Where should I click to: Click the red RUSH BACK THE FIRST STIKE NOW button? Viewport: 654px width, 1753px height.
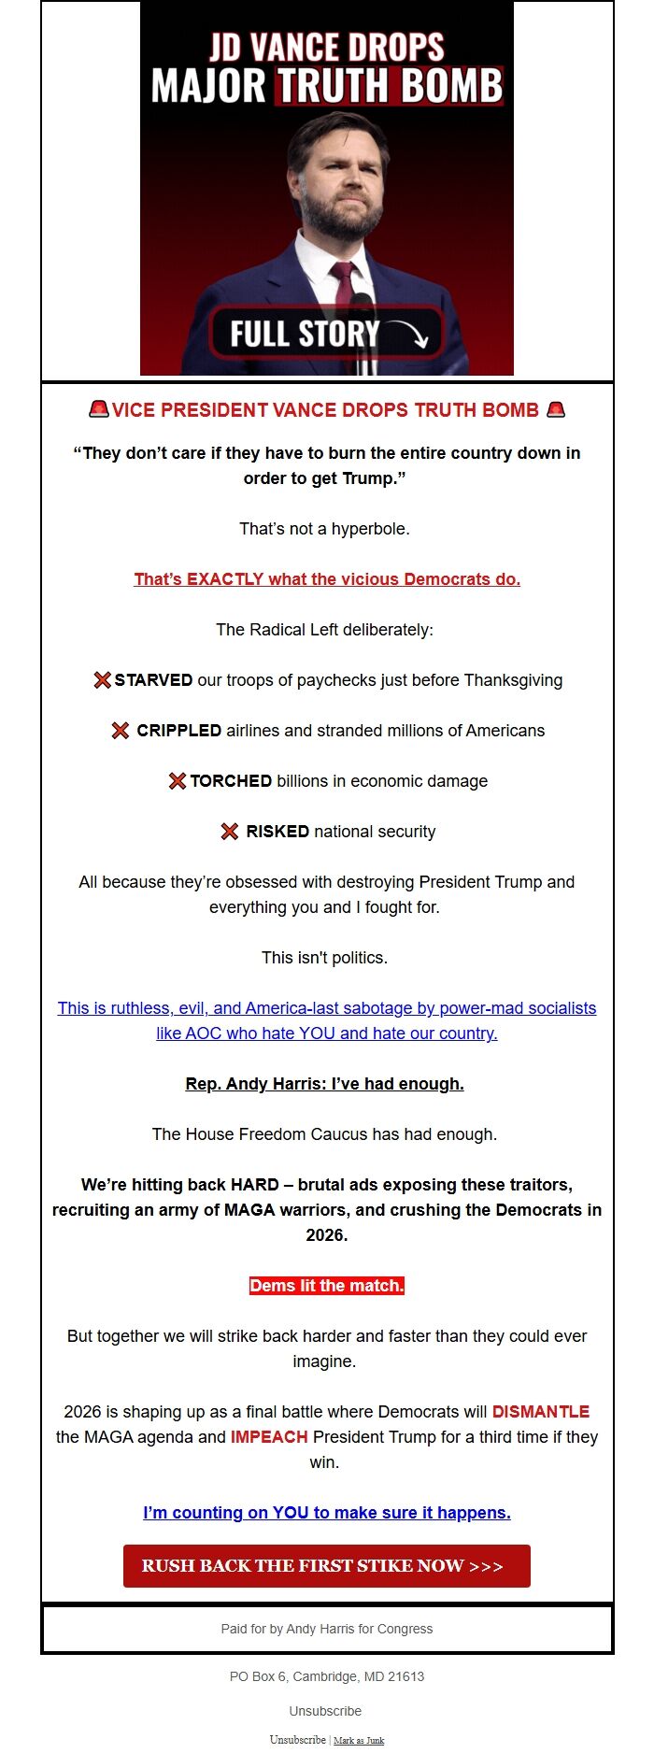pyautogui.click(x=326, y=1565)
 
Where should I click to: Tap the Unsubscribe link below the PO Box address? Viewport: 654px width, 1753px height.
pyautogui.click(x=325, y=1711)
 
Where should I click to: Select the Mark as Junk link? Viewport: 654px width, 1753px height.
pyautogui.click(x=359, y=1740)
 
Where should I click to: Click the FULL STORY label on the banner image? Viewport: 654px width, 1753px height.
pyautogui.click(x=305, y=334)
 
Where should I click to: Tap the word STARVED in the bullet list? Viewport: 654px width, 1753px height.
pyautogui.click(x=153, y=680)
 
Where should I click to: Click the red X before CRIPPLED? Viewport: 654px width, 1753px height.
pyautogui.click(x=121, y=731)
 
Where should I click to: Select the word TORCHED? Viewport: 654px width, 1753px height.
pyautogui.click(x=231, y=781)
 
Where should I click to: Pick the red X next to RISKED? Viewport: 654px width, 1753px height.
pyautogui.click(x=229, y=832)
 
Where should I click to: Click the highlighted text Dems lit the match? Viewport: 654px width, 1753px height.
pyautogui.click(x=326, y=1286)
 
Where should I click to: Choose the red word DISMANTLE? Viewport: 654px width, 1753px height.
pyautogui.click(x=541, y=1411)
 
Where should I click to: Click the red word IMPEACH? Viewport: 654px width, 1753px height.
pyautogui.click(x=269, y=1436)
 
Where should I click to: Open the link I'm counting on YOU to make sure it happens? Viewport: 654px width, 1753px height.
pyautogui.click(x=326, y=1513)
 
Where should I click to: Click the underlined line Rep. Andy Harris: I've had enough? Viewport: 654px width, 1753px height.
pyautogui.click(x=324, y=1084)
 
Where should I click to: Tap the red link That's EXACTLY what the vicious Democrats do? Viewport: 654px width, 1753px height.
pyautogui.click(x=326, y=579)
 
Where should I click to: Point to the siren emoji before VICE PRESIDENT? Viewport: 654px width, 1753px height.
pyautogui.click(x=98, y=409)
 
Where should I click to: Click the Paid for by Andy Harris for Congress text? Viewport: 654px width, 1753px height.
pyautogui.click(x=326, y=1629)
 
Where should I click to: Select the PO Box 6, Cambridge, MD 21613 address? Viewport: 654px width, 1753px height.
pyautogui.click(x=326, y=1676)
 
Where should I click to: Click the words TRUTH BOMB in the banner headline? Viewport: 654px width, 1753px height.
pyautogui.click(x=389, y=86)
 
